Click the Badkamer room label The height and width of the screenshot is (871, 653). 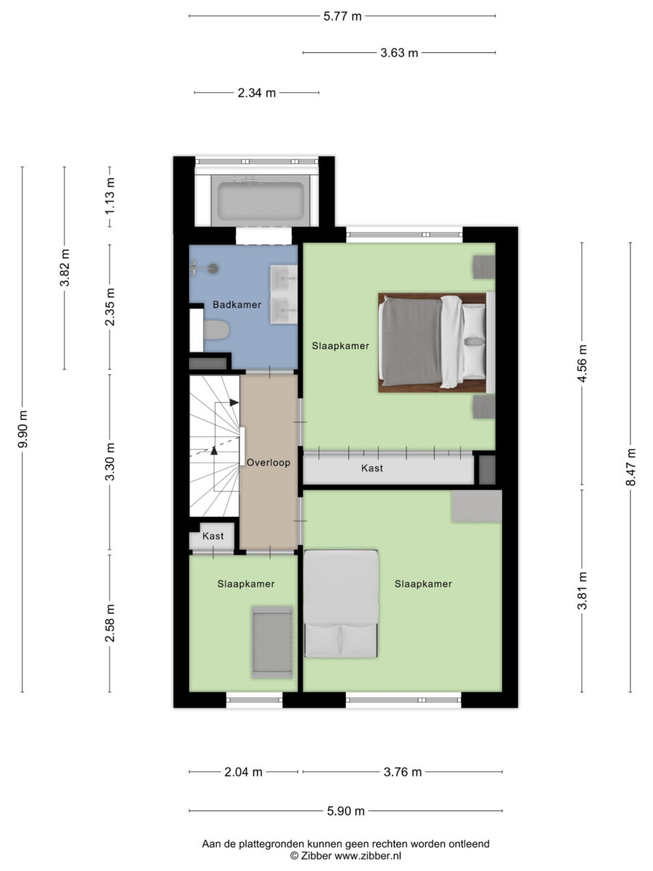(x=237, y=305)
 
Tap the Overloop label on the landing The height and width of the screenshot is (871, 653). (x=268, y=462)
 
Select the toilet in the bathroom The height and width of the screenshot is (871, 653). (x=216, y=330)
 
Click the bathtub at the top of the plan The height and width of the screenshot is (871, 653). (x=260, y=200)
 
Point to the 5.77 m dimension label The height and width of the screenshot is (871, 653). (x=342, y=16)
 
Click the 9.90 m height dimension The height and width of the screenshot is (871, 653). (x=23, y=430)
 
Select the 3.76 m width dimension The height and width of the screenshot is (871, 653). (x=403, y=772)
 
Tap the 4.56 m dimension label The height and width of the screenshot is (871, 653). (x=582, y=364)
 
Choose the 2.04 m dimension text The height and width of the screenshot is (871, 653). (x=244, y=772)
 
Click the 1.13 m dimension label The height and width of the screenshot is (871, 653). (x=110, y=196)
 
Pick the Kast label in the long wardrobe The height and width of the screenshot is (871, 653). (x=372, y=468)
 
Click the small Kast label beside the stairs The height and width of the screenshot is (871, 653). (x=213, y=536)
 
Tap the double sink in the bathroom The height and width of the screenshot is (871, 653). (x=284, y=294)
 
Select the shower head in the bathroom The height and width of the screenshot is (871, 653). (x=205, y=269)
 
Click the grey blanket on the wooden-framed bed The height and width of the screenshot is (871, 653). (x=411, y=342)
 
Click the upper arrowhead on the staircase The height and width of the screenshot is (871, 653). (x=234, y=402)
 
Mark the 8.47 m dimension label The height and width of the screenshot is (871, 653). (x=631, y=467)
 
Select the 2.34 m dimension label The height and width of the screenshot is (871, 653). (x=257, y=93)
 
